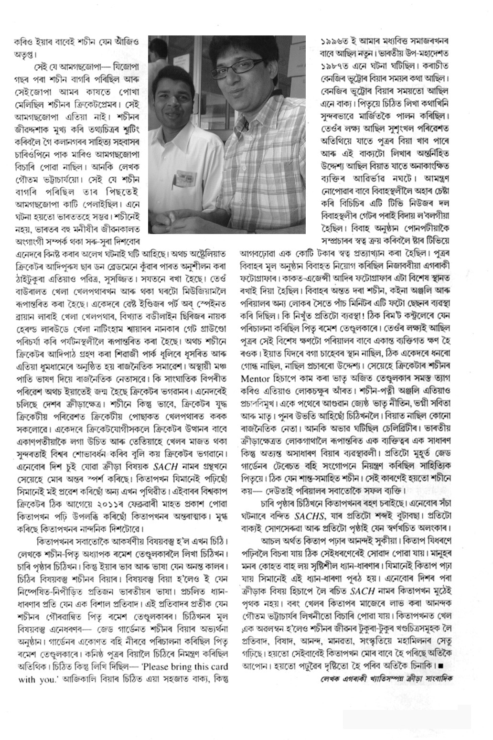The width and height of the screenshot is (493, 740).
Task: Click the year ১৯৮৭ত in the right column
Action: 334,64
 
